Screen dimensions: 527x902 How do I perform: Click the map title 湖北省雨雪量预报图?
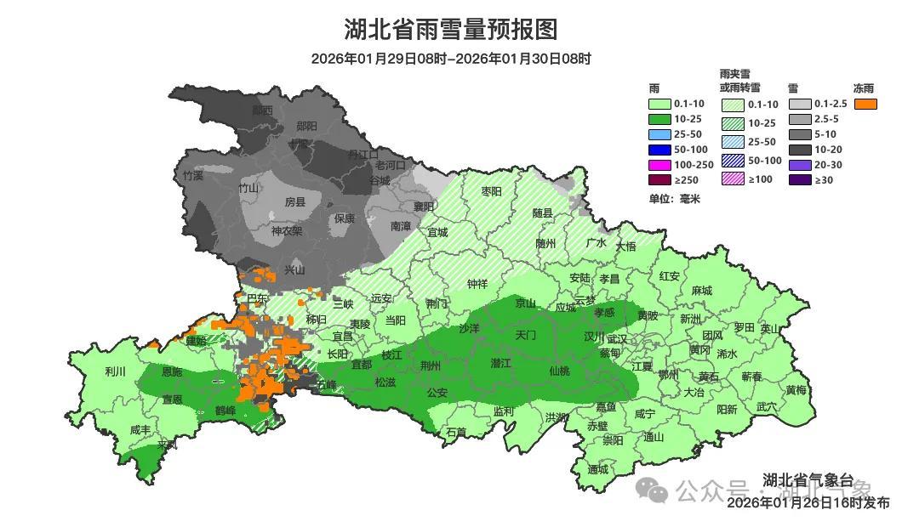pyautogui.click(x=450, y=30)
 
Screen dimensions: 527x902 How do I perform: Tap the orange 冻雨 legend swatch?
pyautogui.click(x=866, y=104)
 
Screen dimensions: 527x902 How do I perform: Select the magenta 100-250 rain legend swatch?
pyautogui.click(x=659, y=164)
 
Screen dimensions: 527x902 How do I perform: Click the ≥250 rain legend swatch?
pyautogui.click(x=659, y=179)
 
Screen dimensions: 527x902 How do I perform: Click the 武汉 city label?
pyautogui.click(x=617, y=338)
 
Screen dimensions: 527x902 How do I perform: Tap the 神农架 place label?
pyautogui.click(x=287, y=230)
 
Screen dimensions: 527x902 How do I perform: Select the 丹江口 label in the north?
pyautogui.click(x=363, y=155)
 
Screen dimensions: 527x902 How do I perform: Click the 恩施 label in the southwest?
pyautogui.click(x=171, y=371)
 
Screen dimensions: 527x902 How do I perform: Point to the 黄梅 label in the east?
pyautogui.click(x=796, y=390)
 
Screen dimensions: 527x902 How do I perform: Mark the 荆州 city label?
pyautogui.click(x=431, y=366)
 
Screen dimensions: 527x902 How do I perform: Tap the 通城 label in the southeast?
pyautogui.click(x=598, y=469)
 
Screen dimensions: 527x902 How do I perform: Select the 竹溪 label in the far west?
pyautogui.click(x=193, y=176)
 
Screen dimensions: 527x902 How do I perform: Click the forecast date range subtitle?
pyautogui.click(x=450, y=59)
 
